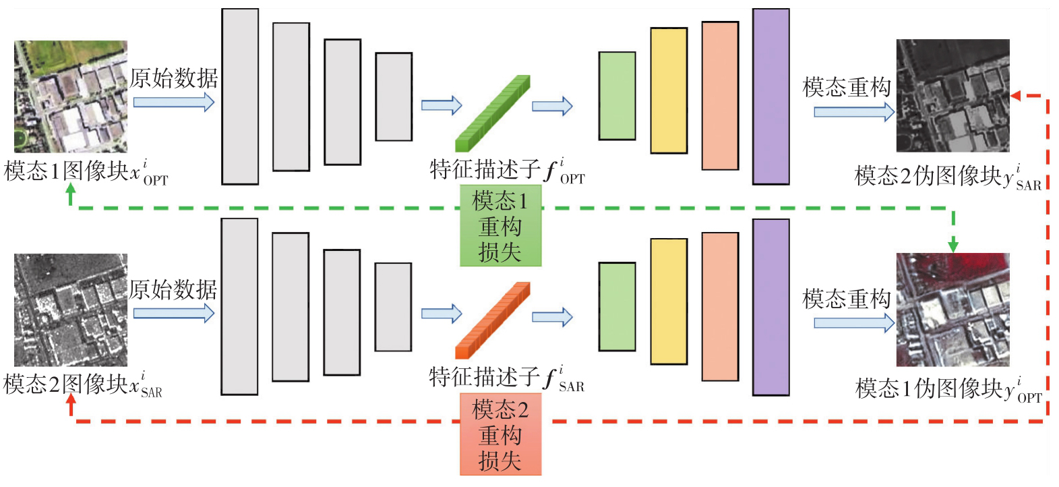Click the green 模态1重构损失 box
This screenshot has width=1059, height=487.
[501, 225]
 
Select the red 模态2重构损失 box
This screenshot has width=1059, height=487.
[501, 434]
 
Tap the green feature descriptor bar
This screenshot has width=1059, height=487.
[493, 113]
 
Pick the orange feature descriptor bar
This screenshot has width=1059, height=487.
[493, 320]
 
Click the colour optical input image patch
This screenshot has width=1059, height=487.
[71, 96]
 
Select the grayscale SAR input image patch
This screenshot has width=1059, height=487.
[71, 310]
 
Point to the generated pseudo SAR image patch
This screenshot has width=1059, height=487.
[953, 96]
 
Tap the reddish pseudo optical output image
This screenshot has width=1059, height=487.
[953, 310]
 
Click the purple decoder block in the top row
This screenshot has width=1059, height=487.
[771, 96]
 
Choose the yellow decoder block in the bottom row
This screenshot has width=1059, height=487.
[669, 302]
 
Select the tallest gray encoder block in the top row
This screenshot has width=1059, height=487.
[240, 96]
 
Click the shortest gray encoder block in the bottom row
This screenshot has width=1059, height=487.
[394, 307]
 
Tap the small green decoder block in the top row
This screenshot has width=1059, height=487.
[617, 96]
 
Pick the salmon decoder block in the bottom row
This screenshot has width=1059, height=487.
[721, 307]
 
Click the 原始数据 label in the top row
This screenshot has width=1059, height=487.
[174, 78]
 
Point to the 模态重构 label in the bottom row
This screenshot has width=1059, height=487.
[847, 299]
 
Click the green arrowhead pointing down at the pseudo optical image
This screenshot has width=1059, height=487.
[953, 246]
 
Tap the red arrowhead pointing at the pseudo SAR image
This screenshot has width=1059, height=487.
[1016, 96]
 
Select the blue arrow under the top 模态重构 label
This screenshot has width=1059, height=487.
[854, 112]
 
